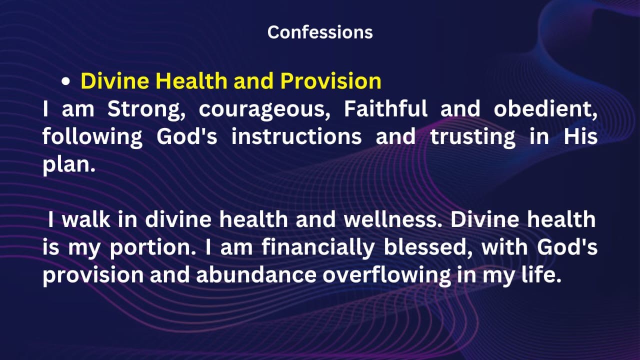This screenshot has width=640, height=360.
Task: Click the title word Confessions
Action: [x=320, y=32]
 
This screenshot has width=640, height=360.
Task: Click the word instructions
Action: [x=296, y=136]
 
